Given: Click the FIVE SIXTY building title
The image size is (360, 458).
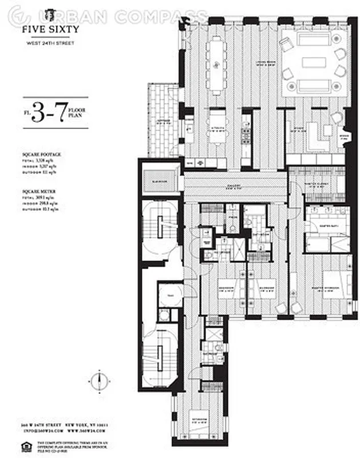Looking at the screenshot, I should (52, 29).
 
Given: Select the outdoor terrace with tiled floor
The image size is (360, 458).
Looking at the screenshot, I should (163, 120).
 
